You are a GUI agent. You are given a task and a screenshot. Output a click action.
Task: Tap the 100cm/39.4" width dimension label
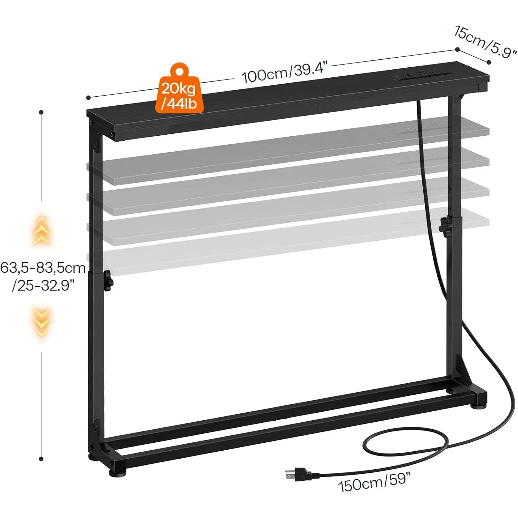tap(284, 73)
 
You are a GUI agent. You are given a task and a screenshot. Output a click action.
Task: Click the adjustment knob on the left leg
tap(108, 280)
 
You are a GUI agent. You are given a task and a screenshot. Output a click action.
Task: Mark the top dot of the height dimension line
tap(41, 112)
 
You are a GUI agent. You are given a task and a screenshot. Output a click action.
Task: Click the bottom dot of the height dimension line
tap(41, 459)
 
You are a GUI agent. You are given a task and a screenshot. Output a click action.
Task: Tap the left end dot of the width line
tap(88, 98)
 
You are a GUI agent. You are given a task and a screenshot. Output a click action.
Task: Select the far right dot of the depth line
tap(489, 62)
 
